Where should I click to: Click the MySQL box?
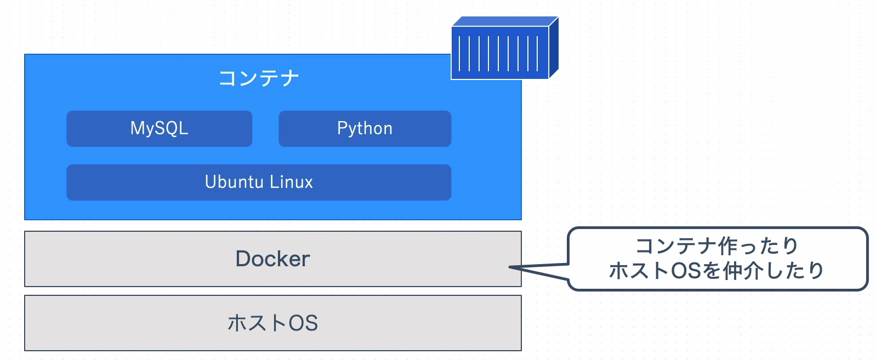tap(159, 129)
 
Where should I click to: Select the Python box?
tap(365, 129)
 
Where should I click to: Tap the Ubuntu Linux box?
tap(259, 182)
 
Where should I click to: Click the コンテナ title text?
tap(259, 78)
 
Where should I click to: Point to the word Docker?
tap(272, 259)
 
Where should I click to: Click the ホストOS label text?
tap(272, 323)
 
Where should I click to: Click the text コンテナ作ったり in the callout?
tap(716, 246)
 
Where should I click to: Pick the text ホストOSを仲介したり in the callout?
tap(716, 271)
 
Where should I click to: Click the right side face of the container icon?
tap(554, 48)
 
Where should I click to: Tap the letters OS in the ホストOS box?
tap(303, 323)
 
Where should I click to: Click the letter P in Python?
tap(342, 128)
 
